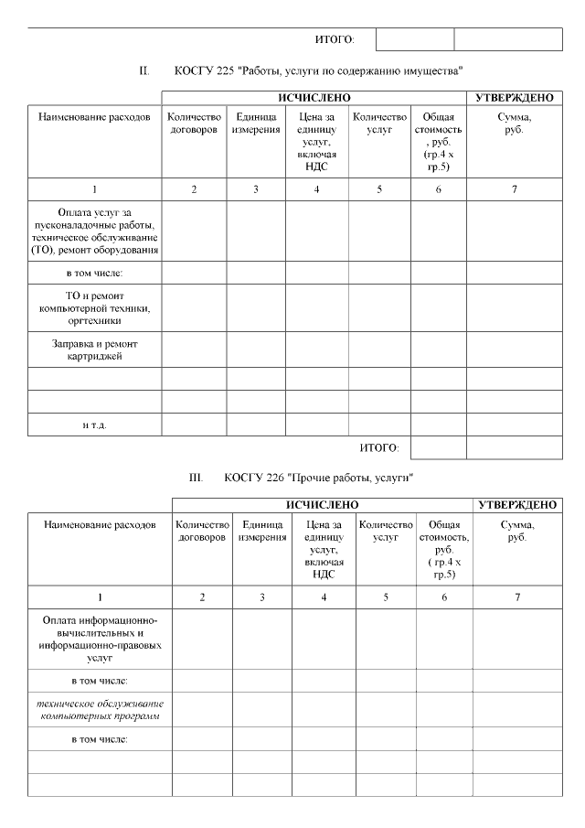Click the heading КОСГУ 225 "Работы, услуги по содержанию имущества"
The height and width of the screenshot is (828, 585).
pos(319,70)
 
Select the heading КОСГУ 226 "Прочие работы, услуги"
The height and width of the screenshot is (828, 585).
pos(319,478)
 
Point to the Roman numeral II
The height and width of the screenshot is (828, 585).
pos(144,70)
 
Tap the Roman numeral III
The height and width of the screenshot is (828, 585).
pos(195,478)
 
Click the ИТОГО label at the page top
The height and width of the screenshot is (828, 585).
pos(334,39)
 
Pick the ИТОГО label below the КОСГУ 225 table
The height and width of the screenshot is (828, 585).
pos(379,447)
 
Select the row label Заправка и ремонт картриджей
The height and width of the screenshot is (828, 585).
pos(95,349)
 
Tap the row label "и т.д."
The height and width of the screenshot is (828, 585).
pos(95,425)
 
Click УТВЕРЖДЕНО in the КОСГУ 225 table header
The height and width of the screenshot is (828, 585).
pos(514,97)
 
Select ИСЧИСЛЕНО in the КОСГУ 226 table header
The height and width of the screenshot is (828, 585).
pos(322,504)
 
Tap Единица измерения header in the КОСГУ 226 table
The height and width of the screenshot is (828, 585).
pos(261,532)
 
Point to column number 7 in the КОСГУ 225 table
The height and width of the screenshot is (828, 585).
pos(514,189)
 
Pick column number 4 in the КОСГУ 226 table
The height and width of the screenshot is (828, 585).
pos(324,597)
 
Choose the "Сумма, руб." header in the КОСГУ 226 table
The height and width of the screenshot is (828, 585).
pos(517,532)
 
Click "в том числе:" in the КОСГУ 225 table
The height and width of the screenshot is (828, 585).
pos(95,273)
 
